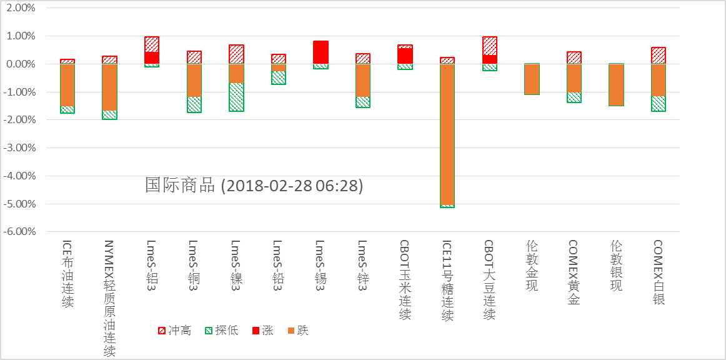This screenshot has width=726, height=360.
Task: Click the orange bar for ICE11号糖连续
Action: point(447,134)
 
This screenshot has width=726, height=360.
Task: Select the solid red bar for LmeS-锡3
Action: point(321,52)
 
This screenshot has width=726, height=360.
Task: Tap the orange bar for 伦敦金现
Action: point(532,79)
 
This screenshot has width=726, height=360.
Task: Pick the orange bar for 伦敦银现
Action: point(616,85)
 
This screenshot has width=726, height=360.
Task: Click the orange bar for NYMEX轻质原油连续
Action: point(109,87)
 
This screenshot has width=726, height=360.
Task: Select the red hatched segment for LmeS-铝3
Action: point(152,44)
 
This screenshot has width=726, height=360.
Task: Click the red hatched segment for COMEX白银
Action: point(659,56)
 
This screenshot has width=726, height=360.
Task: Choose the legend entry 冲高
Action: point(175,331)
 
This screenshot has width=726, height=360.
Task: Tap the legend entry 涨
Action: point(262,331)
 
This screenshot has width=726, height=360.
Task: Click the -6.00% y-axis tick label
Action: point(21,232)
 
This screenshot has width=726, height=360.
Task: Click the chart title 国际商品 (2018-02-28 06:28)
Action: point(254,186)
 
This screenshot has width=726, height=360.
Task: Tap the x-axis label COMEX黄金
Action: point(574,272)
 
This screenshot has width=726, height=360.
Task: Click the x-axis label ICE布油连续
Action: point(67,274)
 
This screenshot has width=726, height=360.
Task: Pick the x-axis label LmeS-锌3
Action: point(362,263)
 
